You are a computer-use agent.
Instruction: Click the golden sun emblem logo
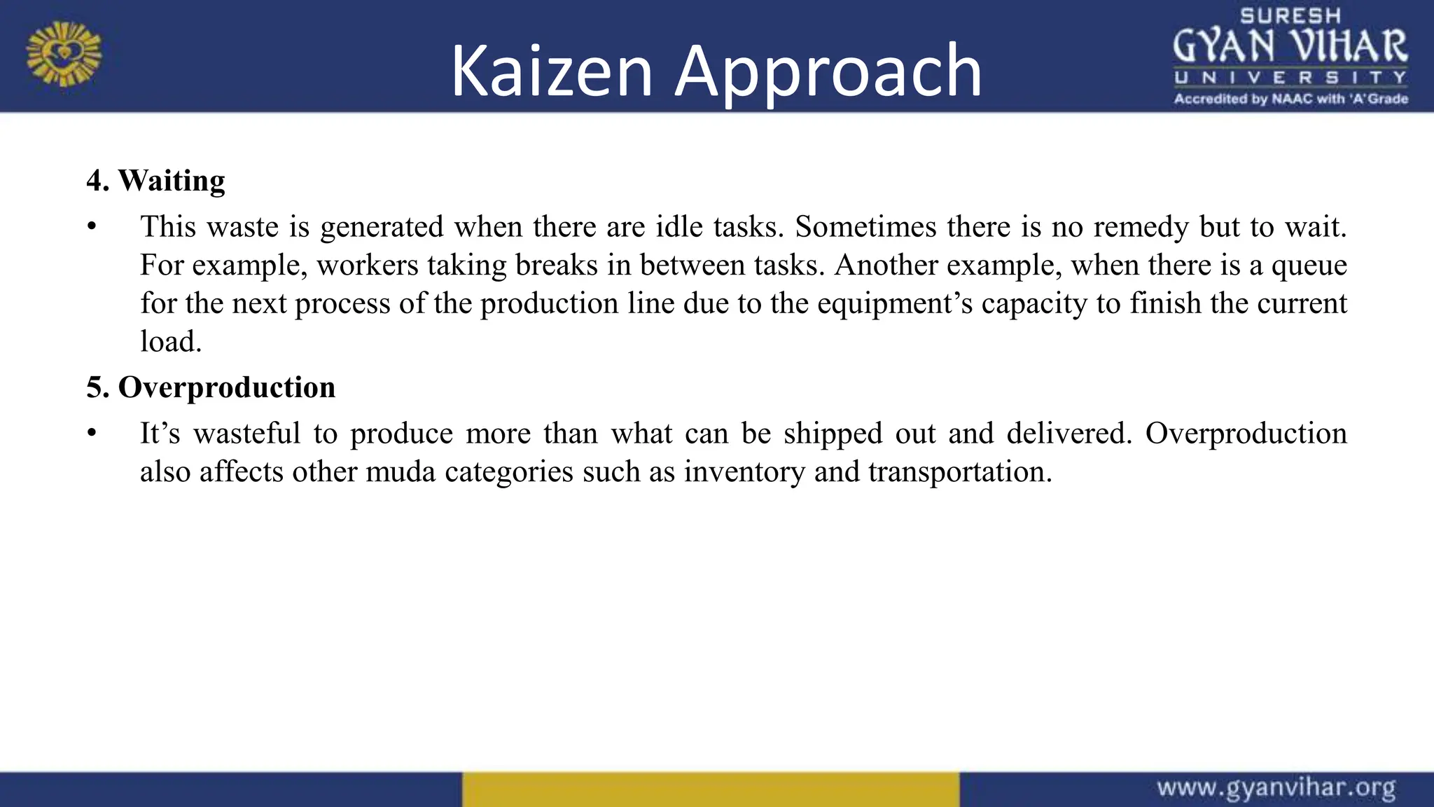coord(64,54)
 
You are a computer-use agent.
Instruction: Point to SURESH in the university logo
coord(1290,16)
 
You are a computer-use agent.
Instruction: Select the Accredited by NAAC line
coord(1290,99)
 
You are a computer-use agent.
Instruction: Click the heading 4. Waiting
coord(155,181)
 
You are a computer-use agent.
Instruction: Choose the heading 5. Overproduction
coord(211,387)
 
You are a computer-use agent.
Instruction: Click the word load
coord(170,342)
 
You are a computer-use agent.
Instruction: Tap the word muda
coord(399,471)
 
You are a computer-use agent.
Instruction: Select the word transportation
coord(959,471)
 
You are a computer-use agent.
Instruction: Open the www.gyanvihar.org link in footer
coord(1276,788)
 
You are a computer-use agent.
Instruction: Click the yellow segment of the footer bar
coord(710,789)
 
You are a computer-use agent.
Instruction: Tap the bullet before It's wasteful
coord(91,434)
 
